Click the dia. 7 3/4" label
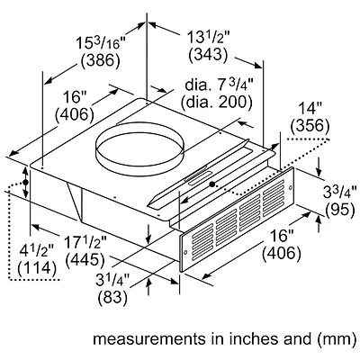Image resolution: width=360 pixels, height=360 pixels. (x=216, y=84)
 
